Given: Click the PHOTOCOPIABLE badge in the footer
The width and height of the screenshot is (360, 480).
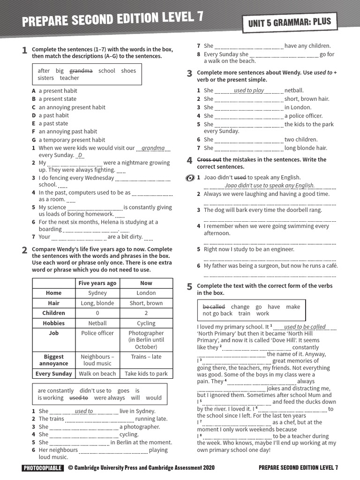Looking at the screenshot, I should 42,468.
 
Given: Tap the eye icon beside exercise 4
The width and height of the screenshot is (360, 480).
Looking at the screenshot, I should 190,178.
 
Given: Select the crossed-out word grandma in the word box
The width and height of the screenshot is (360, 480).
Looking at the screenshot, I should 81,71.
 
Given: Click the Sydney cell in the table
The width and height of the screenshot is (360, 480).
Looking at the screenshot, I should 97,293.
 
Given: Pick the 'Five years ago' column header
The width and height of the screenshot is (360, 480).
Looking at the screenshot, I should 97,283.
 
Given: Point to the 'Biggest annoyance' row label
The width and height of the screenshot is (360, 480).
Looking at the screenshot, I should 54,360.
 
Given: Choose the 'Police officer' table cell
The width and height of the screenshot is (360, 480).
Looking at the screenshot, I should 97,333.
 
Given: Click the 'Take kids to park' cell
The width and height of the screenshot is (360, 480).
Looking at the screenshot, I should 146,374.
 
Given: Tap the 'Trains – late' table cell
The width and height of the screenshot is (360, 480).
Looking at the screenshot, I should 146,357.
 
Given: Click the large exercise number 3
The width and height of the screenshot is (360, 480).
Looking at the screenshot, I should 189,74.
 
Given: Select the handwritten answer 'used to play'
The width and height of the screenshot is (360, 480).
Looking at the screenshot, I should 248,90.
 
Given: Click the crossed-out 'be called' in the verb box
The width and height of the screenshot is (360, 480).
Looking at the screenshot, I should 214,307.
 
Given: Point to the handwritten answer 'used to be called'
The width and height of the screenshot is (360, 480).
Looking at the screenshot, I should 305,327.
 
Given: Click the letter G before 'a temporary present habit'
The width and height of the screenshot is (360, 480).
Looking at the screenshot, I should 34,140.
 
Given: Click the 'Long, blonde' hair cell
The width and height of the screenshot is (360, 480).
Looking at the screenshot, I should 97,303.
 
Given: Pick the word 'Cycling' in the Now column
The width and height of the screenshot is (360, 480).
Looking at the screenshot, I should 146,323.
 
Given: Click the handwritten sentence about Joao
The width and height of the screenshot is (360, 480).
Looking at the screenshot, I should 270,186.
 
